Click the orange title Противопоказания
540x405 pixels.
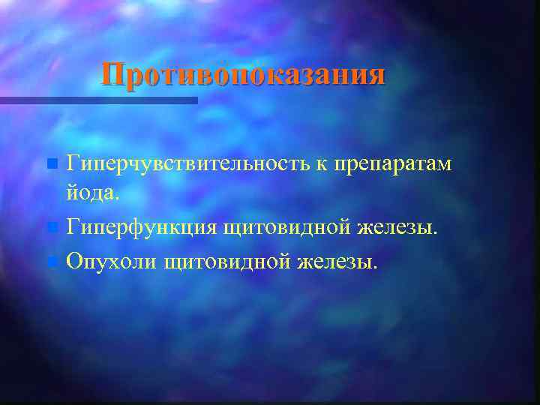tap(244, 75)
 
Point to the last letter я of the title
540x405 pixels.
tap(376, 76)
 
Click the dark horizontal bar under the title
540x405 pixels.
tap(97, 100)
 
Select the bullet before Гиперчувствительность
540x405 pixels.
tap(51, 163)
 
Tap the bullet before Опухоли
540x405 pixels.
tap(51, 262)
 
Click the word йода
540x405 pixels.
tap(90, 193)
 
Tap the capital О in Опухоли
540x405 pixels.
tap(75, 261)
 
